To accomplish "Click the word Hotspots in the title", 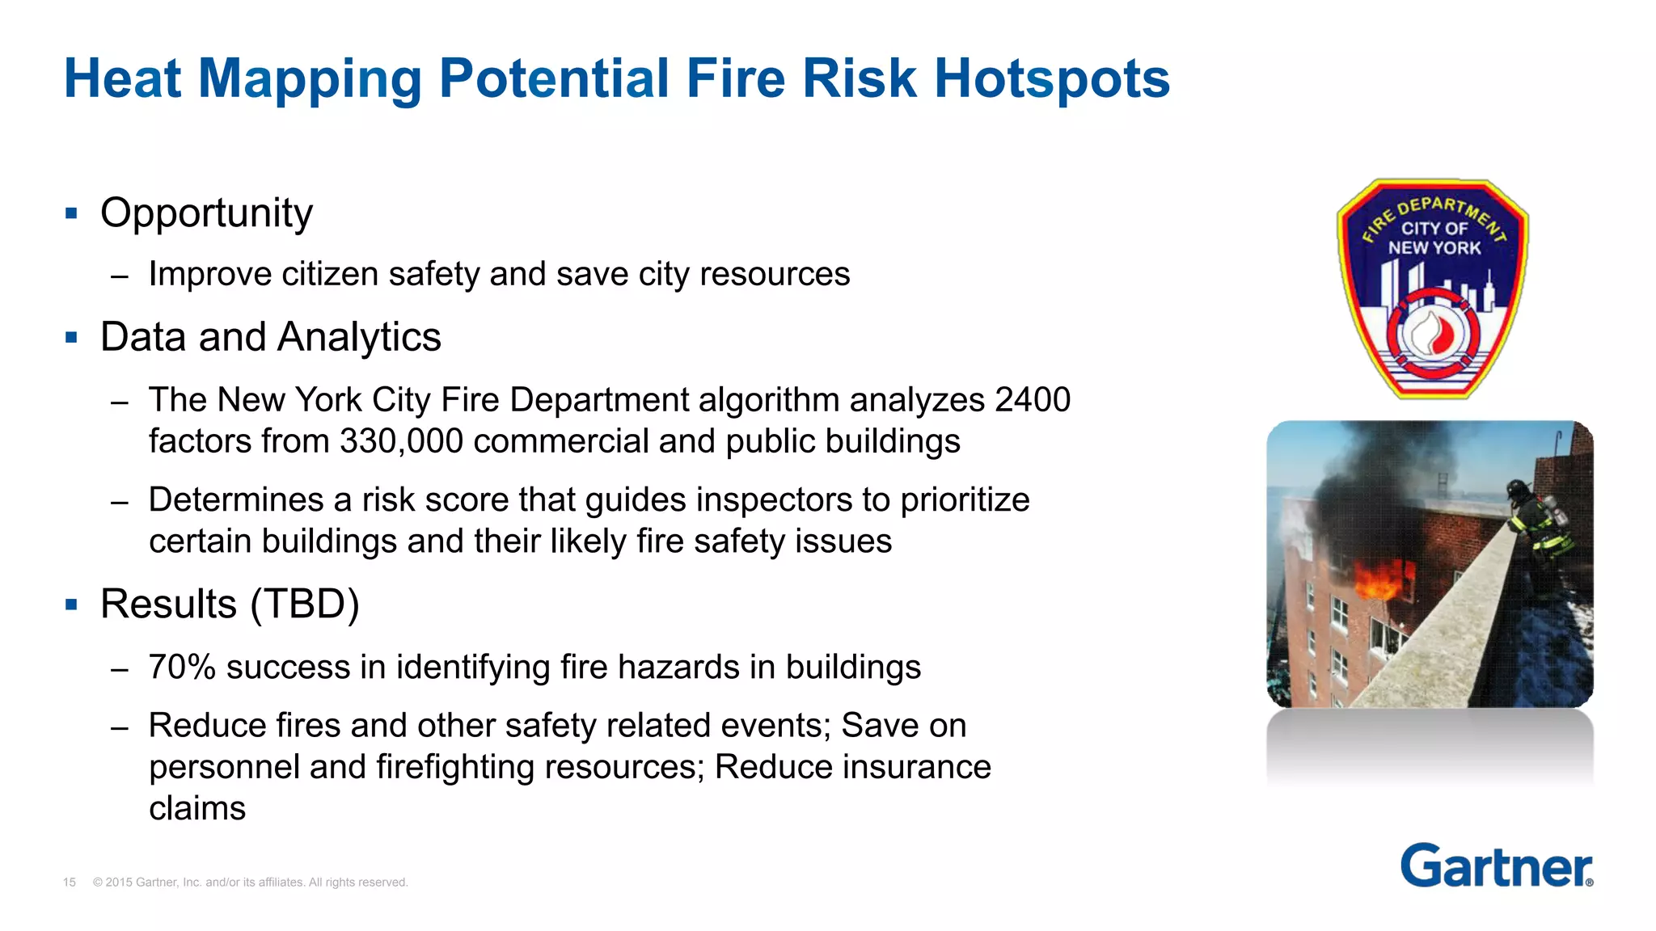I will click(1052, 78).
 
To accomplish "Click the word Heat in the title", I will click(122, 78).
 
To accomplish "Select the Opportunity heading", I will click(206, 213).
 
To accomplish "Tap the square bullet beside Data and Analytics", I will click(72, 337).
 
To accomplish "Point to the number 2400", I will click(1033, 400).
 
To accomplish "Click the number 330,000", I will click(401, 441).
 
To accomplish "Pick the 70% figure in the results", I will click(182, 668).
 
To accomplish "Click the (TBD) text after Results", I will click(305, 604).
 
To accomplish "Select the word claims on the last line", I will click(197, 808).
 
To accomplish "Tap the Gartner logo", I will click(1496, 866).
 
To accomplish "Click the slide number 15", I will click(70, 883).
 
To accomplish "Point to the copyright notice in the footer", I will click(250, 883).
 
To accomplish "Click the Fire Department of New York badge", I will click(1432, 289).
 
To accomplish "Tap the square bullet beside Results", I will click(72, 605).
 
